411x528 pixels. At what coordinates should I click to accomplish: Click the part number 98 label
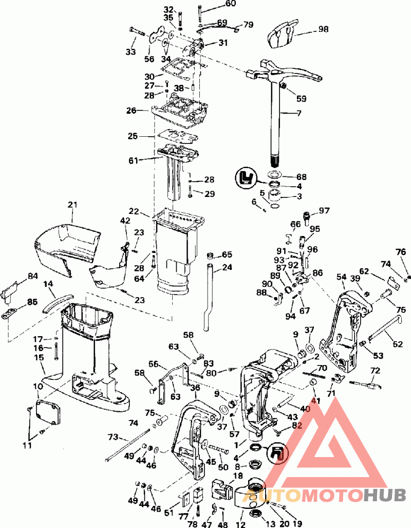pyautogui.click(x=323, y=29)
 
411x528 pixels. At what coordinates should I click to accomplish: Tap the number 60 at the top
pyautogui.click(x=216, y=4)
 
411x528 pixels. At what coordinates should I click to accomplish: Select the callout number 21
pyautogui.click(x=72, y=205)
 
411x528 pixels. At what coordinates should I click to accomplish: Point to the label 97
pyautogui.click(x=324, y=211)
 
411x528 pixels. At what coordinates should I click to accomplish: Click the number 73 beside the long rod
pyautogui.click(x=113, y=436)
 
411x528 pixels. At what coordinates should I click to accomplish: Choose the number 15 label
pyautogui.click(x=39, y=357)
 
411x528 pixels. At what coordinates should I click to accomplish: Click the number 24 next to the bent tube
pyautogui.click(x=227, y=267)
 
